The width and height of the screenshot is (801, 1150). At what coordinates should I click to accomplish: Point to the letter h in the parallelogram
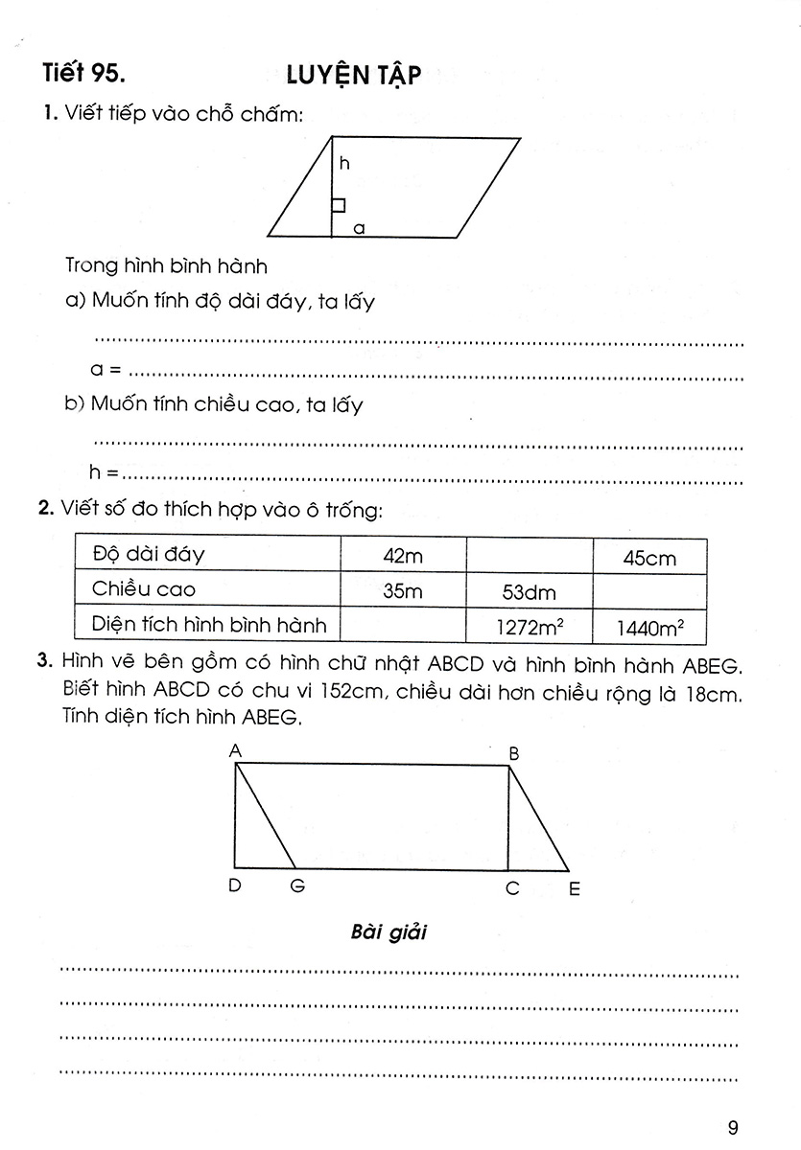click(344, 164)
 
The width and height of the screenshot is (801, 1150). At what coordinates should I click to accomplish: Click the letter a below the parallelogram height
click(358, 228)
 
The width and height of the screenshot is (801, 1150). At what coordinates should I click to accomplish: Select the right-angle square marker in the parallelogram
click(339, 204)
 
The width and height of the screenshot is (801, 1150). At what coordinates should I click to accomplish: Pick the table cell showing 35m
click(402, 591)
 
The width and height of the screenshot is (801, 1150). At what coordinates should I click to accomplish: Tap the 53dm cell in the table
click(529, 592)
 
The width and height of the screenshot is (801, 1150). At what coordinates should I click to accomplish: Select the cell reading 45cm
click(649, 558)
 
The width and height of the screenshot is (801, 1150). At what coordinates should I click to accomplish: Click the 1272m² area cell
click(529, 629)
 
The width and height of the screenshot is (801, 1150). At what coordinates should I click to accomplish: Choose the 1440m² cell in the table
click(649, 629)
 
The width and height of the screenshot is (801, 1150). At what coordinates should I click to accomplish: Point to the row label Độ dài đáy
click(149, 555)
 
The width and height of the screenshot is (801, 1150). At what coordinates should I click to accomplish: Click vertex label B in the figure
click(513, 754)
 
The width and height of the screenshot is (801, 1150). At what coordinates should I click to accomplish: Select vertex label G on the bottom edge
click(296, 887)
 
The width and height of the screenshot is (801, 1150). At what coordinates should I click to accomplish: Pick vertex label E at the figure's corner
click(575, 889)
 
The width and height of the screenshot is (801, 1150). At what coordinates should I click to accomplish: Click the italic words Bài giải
click(389, 932)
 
